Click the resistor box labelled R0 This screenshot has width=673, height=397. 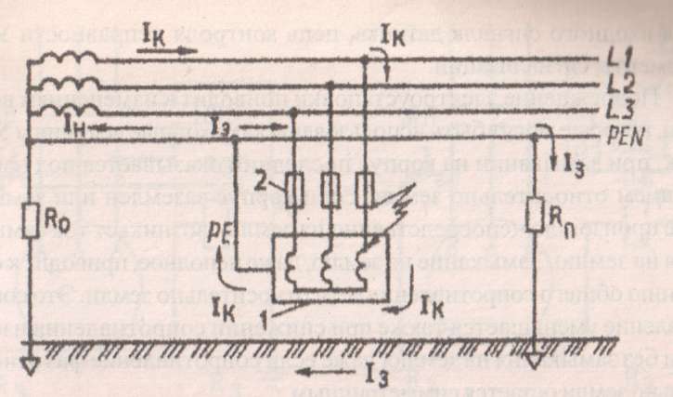click(x=31, y=222)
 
